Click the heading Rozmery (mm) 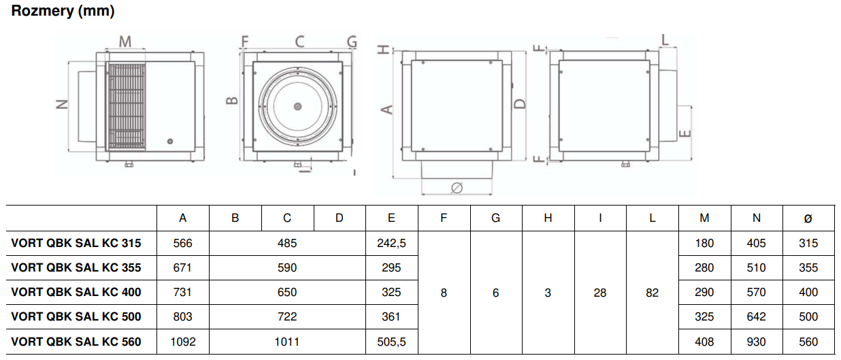63,11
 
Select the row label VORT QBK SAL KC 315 76,243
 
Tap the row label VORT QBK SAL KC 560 76,342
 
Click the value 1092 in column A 183,342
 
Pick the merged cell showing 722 287,316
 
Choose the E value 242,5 391,243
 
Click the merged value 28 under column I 600,293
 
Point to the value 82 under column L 652,293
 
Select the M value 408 704,342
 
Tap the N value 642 756,316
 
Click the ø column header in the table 808,218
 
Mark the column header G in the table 495,218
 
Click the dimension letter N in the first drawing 62,104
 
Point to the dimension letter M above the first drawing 125,42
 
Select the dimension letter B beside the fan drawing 232,101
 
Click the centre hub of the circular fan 298,107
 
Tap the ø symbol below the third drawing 457,187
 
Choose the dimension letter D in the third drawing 520,103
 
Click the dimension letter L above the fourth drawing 665,39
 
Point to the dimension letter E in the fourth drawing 686,133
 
